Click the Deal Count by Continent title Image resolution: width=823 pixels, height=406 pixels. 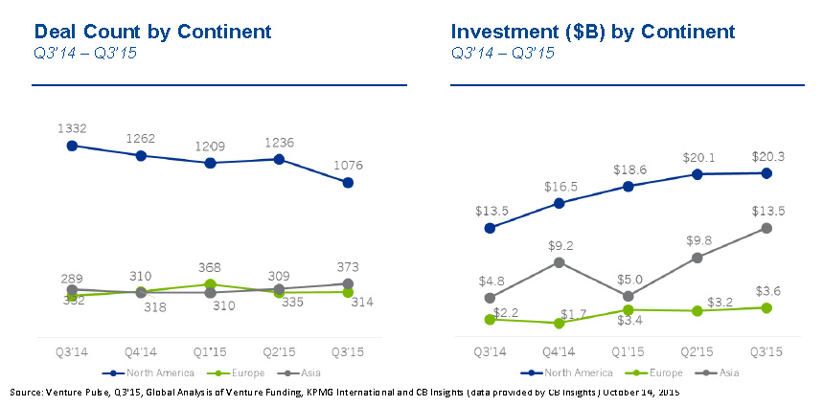pyautogui.click(x=152, y=33)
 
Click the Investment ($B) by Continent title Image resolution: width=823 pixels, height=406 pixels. pyautogui.click(x=593, y=33)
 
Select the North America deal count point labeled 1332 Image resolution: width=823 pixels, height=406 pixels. pyautogui.click(x=72, y=146)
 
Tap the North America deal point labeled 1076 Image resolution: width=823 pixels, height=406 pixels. pyautogui.click(x=348, y=182)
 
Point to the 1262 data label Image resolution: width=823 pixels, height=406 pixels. pyautogui.click(x=141, y=138)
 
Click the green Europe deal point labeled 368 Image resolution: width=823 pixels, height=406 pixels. pyautogui.click(x=210, y=283)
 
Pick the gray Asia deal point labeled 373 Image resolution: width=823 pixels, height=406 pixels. pyautogui.click(x=348, y=283)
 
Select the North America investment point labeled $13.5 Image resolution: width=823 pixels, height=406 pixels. pyautogui.click(x=491, y=228)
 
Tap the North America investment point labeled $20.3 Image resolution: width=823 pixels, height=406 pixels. pyautogui.click(x=766, y=173)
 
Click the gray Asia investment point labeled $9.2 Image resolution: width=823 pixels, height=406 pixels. pyautogui.click(x=560, y=261)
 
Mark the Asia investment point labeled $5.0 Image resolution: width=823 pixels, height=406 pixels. pyautogui.click(x=629, y=296)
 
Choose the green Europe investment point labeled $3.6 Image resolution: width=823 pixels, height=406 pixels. pyautogui.click(x=766, y=307)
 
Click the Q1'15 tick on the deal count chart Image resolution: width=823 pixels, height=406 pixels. pyautogui.click(x=210, y=351)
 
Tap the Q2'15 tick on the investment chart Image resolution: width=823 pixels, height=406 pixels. pyautogui.click(x=697, y=351)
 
